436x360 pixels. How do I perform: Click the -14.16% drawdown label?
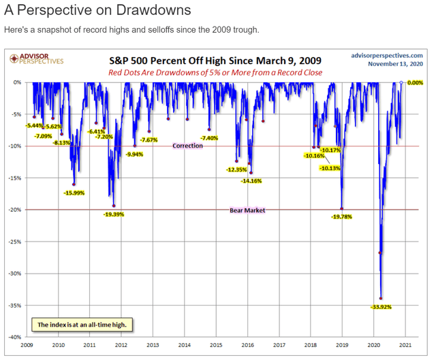251,181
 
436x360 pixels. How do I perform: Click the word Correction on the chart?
187,146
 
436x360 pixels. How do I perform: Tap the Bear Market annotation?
247,210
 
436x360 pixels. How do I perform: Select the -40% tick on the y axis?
14,337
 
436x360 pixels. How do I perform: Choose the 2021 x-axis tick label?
405,345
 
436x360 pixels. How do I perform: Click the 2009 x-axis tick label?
27,345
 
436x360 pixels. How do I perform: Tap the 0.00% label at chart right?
415,82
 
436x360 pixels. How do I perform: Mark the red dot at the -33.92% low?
381,298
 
